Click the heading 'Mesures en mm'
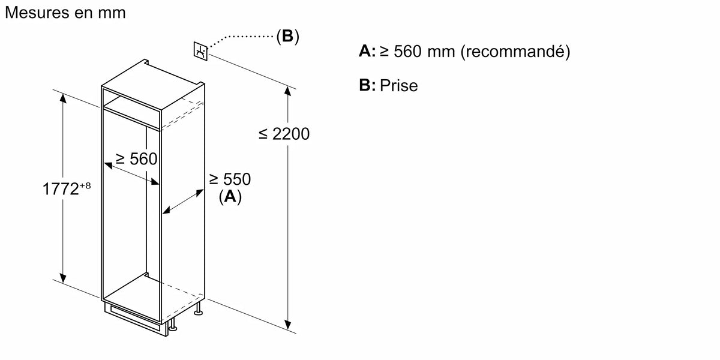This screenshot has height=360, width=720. (65, 13)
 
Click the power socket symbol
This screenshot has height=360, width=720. (200, 51)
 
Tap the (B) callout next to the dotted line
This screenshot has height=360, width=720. (287, 37)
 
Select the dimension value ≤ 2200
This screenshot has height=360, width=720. (284, 134)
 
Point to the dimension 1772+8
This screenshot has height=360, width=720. (67, 189)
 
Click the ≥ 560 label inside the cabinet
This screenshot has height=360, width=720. (136, 159)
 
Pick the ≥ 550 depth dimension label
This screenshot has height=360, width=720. (229, 179)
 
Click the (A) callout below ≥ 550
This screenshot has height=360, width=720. (230, 196)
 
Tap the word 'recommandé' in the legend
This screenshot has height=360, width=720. (515, 52)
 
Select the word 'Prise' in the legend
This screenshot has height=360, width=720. (398, 86)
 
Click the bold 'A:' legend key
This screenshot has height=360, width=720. (367, 52)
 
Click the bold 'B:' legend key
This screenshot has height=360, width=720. (367, 86)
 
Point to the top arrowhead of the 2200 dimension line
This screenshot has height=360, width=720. (289, 92)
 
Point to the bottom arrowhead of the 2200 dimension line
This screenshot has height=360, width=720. (289, 325)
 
